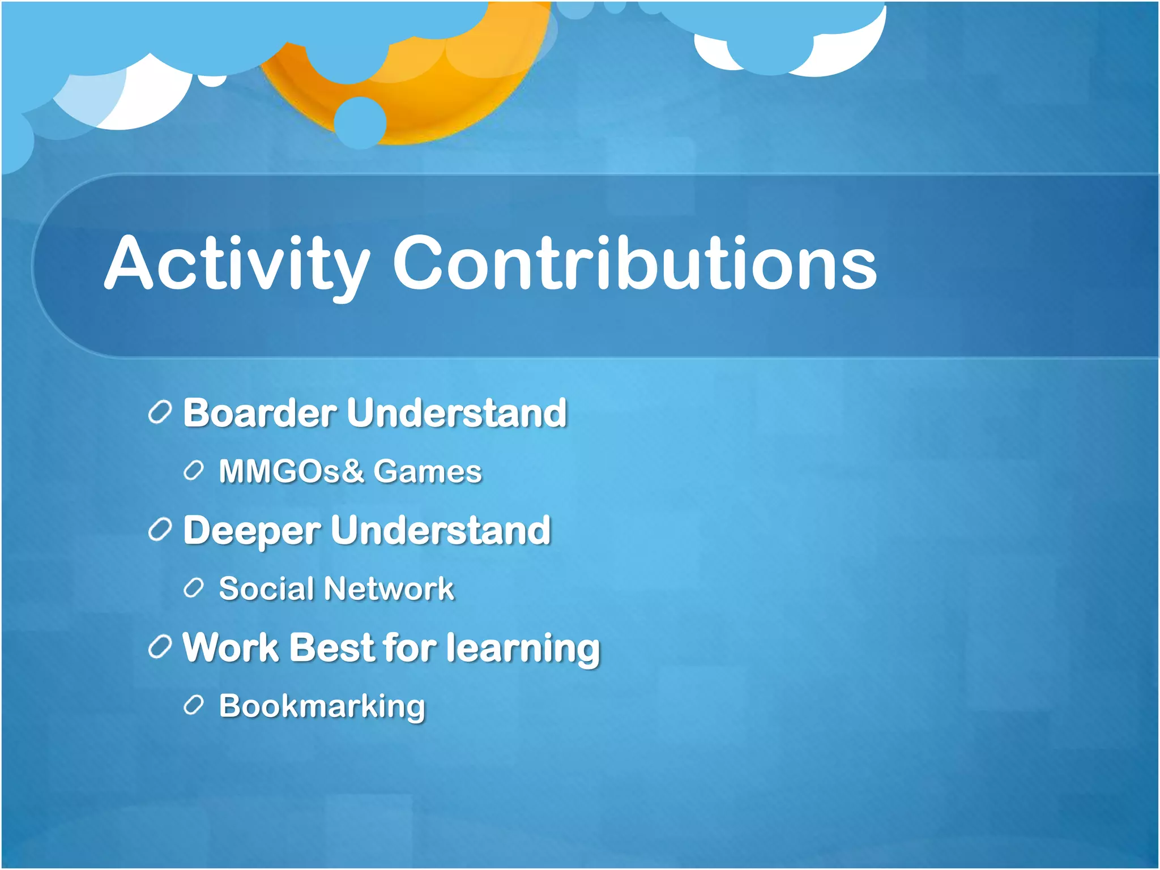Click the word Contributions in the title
click(634, 263)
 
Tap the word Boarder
click(260, 413)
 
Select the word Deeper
click(252, 531)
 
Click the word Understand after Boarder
click(457, 413)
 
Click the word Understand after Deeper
click(441, 531)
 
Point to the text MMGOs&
click(291, 471)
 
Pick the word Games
click(428, 471)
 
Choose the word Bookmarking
click(322, 707)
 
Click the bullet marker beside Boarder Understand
click(160, 413)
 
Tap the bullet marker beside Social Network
click(194, 588)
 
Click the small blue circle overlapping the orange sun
click(360, 122)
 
